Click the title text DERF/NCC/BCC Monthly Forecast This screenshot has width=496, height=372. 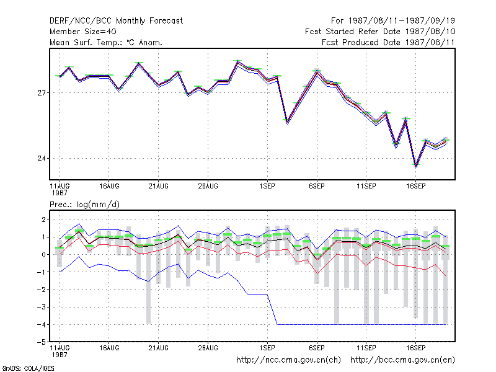[116, 21]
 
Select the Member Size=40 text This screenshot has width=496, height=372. [83, 32]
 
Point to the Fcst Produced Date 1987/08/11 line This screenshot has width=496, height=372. [388, 42]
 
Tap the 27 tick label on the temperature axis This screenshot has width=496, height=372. [42, 92]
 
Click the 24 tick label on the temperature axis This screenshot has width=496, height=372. [42, 158]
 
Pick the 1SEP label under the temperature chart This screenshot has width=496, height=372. [267, 186]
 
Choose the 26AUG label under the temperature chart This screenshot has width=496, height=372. [208, 186]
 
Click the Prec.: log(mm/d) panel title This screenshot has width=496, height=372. [84, 205]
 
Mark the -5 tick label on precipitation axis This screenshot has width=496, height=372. [42, 342]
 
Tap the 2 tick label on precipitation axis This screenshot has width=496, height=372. [43, 219]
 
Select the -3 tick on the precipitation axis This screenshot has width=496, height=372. [42, 307]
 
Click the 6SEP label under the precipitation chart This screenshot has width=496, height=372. [317, 348]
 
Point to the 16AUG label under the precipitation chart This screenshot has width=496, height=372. [109, 348]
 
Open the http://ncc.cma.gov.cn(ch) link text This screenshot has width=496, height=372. [288, 360]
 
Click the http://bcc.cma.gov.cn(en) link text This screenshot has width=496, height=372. [402, 360]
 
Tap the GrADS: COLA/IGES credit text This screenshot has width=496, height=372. [28, 368]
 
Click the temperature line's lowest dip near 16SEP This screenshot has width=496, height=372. [415, 166]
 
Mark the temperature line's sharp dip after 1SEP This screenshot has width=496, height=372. [287, 122]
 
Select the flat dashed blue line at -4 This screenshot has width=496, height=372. [361, 324]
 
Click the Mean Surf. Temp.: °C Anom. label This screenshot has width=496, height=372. [105, 42]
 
